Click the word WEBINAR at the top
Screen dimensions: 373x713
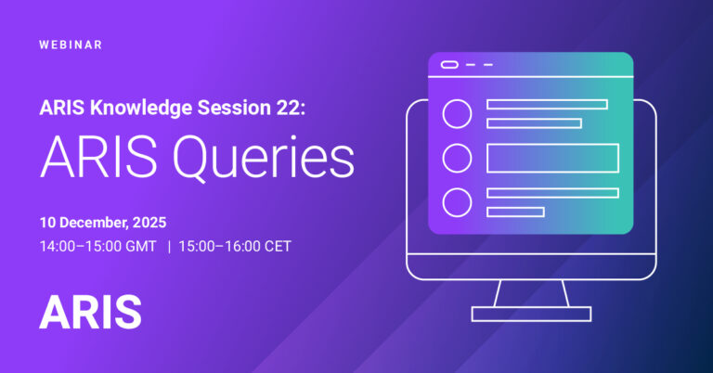click(71, 45)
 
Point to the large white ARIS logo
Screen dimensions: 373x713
click(90, 313)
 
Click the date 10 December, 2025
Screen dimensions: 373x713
click(103, 223)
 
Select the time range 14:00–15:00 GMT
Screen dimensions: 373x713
click(97, 247)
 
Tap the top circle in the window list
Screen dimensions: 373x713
click(457, 113)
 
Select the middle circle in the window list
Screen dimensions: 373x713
click(457, 158)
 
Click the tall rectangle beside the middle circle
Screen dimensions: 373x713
click(552, 158)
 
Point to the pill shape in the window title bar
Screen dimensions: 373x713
click(450, 65)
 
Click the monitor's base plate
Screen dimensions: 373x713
click(530, 314)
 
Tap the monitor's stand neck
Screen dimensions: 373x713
click(530, 292)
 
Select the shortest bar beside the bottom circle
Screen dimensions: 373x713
click(515, 212)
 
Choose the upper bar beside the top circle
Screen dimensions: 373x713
click(547, 104)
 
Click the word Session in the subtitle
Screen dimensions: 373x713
click(227, 108)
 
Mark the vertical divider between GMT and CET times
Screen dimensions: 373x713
click(169, 247)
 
